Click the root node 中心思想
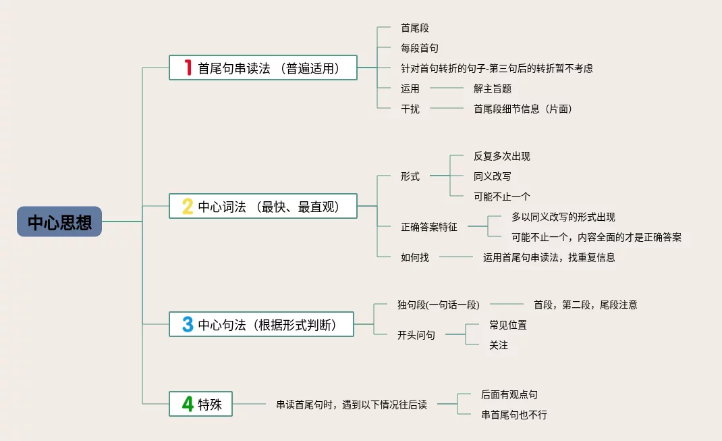point(59,222)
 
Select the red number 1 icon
point(188,68)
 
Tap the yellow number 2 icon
point(188,206)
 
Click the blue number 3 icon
point(188,324)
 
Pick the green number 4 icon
point(188,404)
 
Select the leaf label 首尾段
point(414,28)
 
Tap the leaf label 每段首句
point(419,48)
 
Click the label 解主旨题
point(493,88)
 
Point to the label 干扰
point(410,109)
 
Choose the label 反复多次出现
point(501,156)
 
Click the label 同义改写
point(492,176)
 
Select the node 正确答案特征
point(428,227)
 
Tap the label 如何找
point(414,257)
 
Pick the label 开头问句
point(416,335)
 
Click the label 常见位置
point(507,325)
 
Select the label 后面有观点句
point(509,394)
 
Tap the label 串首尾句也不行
point(513,415)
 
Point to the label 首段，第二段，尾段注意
point(585,305)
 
